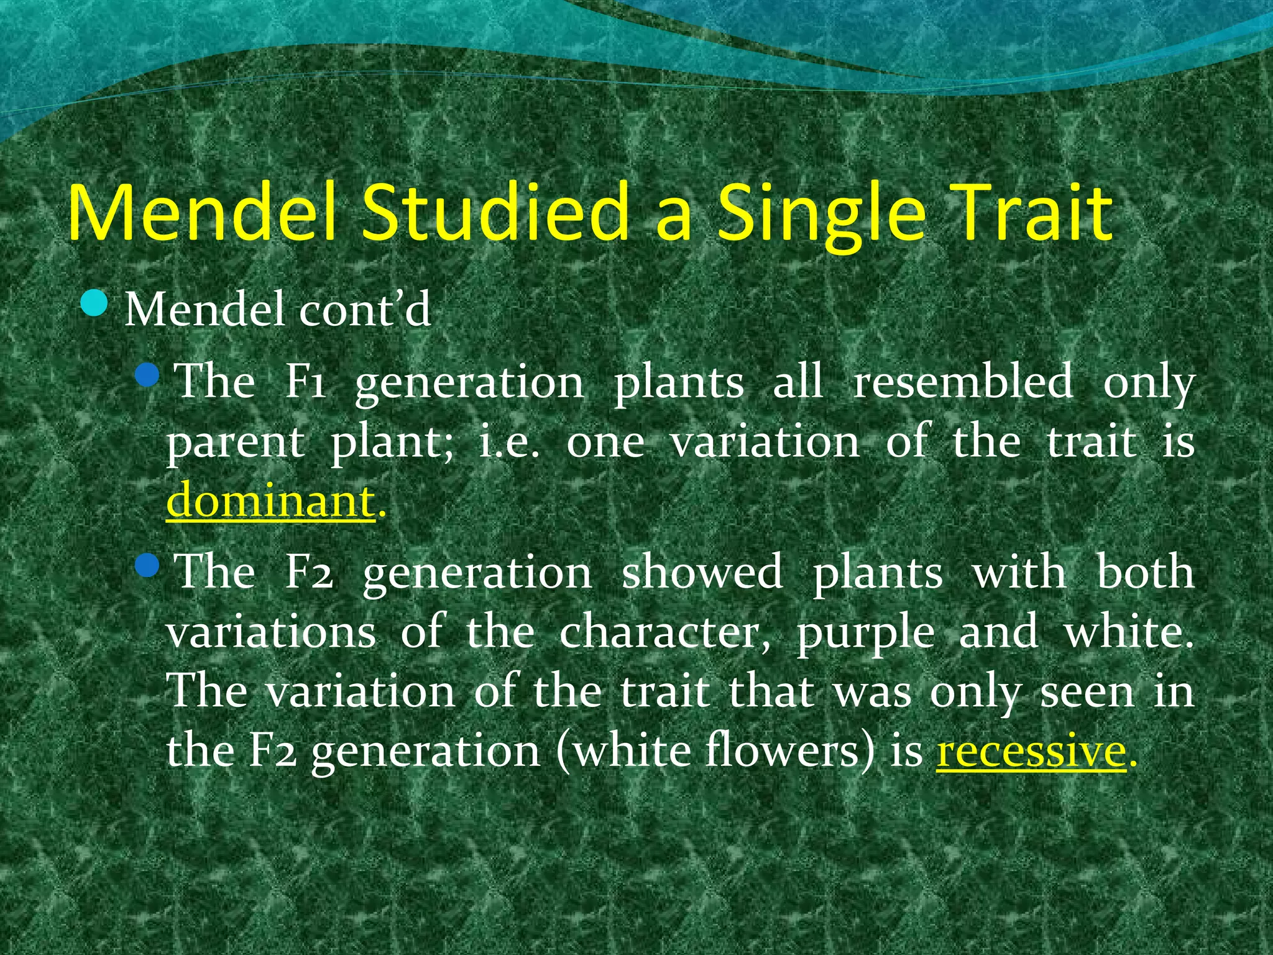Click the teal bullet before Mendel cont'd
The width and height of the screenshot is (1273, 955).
94,305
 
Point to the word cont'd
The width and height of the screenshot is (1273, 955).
365,309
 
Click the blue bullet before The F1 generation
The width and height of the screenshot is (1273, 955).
147,375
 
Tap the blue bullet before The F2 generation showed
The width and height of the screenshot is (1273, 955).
147,566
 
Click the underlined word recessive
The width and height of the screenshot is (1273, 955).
1031,751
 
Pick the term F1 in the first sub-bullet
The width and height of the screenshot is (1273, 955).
305,382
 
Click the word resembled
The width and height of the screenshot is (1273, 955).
963,382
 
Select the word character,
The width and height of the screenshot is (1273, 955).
664,632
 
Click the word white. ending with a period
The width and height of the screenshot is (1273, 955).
1129,632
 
